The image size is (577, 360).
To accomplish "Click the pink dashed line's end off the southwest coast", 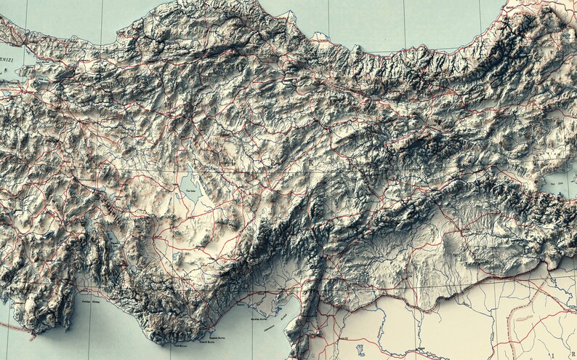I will pos(32,336).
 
